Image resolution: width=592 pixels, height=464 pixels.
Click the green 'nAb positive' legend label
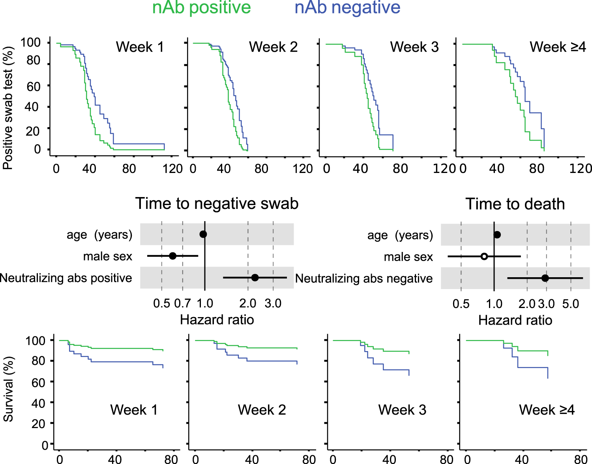coord(201,8)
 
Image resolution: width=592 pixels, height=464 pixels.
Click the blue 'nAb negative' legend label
coord(347,8)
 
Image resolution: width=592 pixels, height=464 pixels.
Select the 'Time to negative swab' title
coord(217,204)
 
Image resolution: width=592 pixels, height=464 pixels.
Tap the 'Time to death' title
coord(515,204)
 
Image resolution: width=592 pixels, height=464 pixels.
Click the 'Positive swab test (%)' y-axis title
coord(8,108)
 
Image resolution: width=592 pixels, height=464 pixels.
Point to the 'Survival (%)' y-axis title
coord(8,389)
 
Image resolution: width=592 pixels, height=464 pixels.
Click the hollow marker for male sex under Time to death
coord(484,257)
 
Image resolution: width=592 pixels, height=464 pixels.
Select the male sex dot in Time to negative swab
coord(172,256)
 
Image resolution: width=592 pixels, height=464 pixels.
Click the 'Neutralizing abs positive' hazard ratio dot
coord(255,278)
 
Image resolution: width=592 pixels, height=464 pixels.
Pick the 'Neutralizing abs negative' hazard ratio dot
coord(545,278)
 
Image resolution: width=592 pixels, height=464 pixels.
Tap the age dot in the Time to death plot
coord(497,235)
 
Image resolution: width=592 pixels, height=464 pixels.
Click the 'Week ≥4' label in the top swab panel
coord(558,47)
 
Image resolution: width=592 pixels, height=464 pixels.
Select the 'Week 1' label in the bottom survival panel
coord(134,410)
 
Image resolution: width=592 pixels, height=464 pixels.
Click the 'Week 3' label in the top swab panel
coord(414,47)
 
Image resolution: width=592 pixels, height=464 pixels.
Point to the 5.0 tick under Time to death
coord(571,304)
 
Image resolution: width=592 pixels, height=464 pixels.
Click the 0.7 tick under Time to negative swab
coord(182,303)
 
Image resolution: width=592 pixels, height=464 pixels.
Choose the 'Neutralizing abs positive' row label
coord(66,278)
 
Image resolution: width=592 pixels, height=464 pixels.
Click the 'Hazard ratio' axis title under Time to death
coord(515,320)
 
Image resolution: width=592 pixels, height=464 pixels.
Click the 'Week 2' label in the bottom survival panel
coord(262,410)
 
